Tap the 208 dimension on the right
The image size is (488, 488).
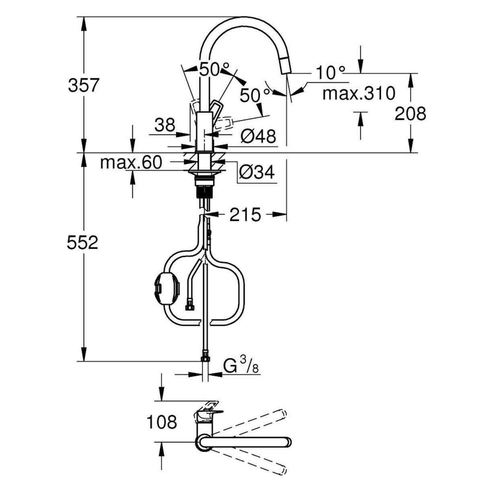click(410, 114)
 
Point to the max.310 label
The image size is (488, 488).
click(359, 94)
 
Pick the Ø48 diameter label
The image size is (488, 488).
click(258, 137)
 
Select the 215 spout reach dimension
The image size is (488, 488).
click(245, 215)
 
